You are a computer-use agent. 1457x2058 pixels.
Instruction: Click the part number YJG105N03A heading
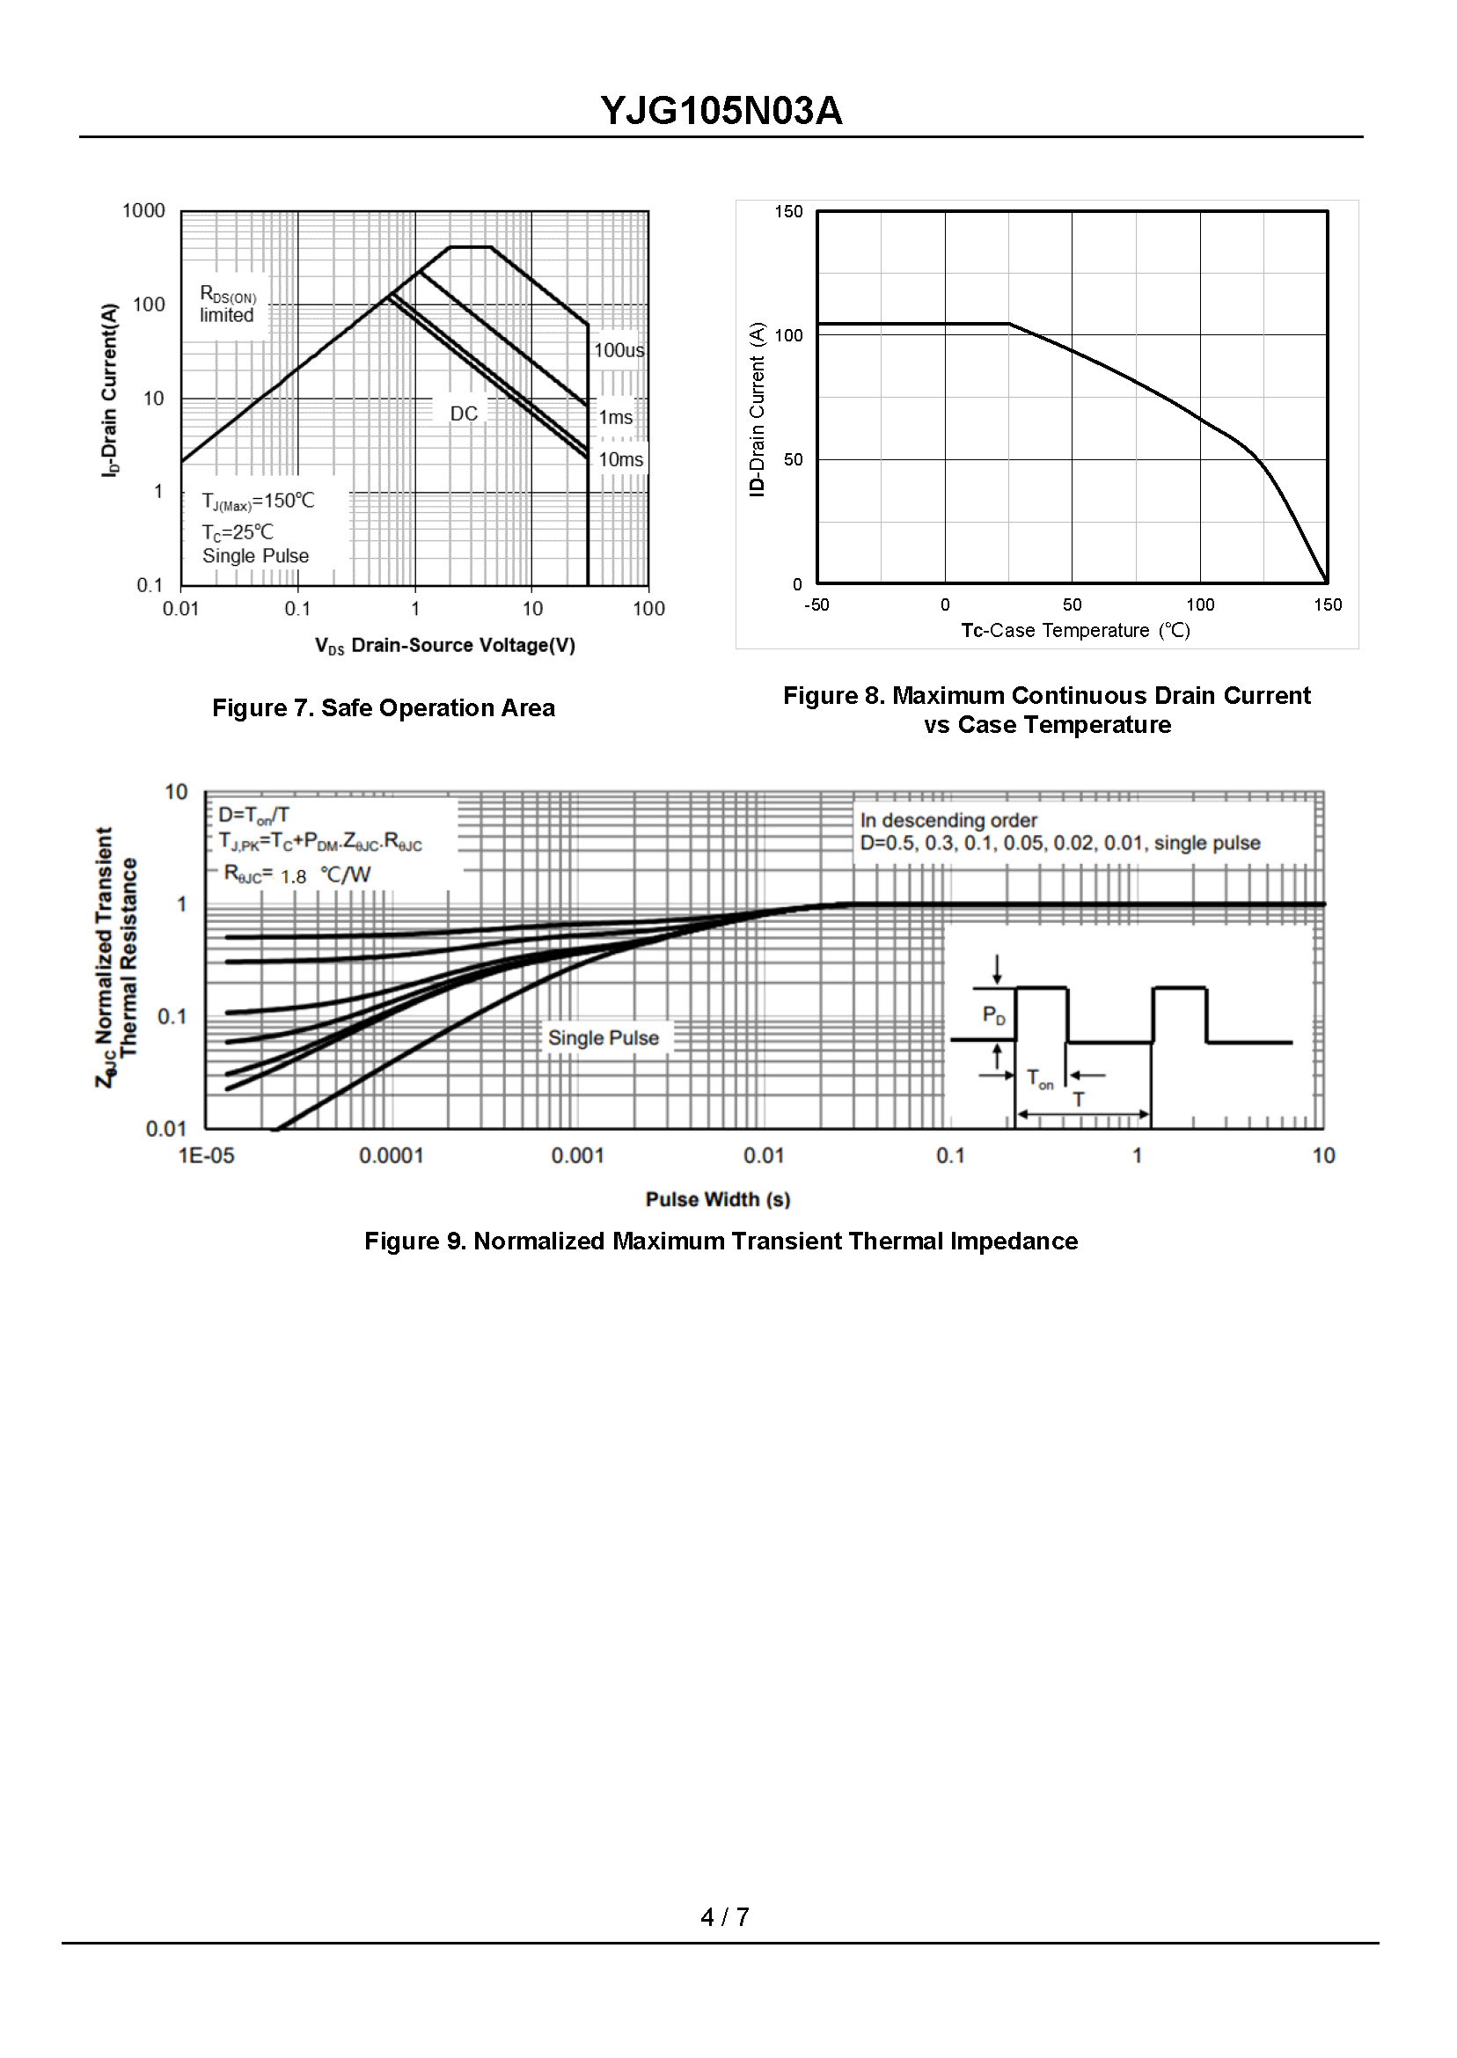point(721,111)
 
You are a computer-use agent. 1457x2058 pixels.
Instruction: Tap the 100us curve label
point(619,350)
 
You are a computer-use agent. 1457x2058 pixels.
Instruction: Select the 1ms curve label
point(616,417)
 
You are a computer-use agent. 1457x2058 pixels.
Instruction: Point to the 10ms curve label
point(621,459)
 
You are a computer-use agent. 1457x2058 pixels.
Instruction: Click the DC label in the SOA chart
point(464,414)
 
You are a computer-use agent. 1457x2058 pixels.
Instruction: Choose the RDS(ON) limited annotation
point(228,305)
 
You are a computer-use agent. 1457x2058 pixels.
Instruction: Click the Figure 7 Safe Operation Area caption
point(383,707)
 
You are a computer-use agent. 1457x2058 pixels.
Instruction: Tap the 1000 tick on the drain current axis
point(143,211)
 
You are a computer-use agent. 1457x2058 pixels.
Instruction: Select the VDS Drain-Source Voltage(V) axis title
point(445,645)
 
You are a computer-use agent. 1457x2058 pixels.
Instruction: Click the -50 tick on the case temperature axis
point(816,604)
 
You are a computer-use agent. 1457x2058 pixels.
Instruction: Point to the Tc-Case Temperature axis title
point(1076,631)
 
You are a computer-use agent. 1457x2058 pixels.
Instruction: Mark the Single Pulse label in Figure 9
point(603,1038)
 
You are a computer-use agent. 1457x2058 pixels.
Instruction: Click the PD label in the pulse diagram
point(993,1015)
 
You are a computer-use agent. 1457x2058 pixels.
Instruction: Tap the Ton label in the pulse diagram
point(1040,1079)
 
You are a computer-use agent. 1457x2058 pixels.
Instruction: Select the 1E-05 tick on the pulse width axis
point(207,1155)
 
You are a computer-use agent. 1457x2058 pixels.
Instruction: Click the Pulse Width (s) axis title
point(718,1199)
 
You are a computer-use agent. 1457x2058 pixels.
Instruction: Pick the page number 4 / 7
point(725,1916)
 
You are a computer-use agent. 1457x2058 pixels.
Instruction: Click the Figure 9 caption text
point(721,1241)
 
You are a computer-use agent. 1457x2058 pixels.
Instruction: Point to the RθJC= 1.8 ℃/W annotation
point(297,875)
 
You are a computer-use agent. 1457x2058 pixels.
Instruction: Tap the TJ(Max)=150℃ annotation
point(259,501)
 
